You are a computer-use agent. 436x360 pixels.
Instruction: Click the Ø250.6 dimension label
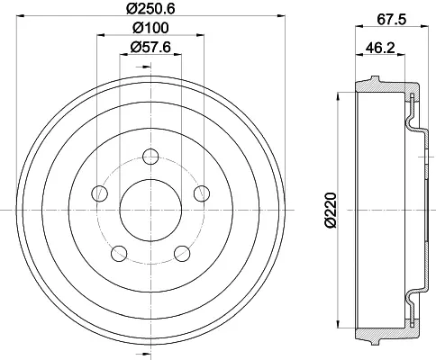pos(150,8)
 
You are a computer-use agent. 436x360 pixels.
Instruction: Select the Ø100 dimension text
pos(150,28)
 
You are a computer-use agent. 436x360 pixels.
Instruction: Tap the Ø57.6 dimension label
pos(150,47)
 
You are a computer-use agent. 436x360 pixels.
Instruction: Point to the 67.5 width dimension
pos(392,20)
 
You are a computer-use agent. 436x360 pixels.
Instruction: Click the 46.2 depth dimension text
pos(380,48)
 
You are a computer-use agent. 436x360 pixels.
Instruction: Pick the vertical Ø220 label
pos(332,210)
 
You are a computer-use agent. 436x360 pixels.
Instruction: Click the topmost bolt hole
pos(150,157)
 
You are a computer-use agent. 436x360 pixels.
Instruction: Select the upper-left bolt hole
pos(99,193)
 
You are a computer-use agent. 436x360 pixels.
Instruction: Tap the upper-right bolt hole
pos(202,193)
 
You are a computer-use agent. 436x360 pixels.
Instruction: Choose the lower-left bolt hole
pos(119,254)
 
